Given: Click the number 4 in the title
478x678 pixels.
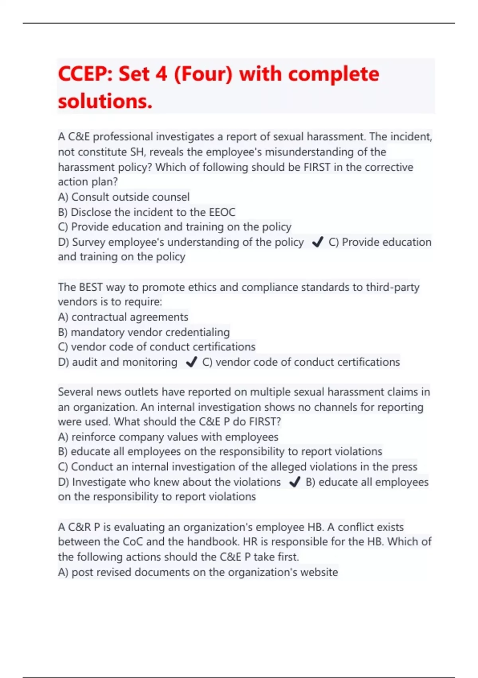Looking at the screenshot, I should [x=161, y=74].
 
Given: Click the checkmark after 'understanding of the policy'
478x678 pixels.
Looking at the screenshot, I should [x=317, y=242].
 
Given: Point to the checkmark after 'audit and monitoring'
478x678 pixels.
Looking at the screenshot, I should [x=191, y=362].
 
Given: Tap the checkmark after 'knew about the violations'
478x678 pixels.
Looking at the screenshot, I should [x=295, y=482].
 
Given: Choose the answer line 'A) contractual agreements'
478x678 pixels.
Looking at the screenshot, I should [x=123, y=317].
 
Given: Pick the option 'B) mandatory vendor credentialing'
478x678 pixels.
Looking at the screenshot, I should [x=144, y=332].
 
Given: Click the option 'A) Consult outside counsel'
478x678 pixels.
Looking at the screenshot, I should [x=123, y=197].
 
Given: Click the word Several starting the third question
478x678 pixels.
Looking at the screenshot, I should [x=76, y=392].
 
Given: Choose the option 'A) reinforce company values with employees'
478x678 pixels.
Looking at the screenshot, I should [x=168, y=437].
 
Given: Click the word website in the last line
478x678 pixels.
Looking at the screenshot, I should [x=319, y=572].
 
